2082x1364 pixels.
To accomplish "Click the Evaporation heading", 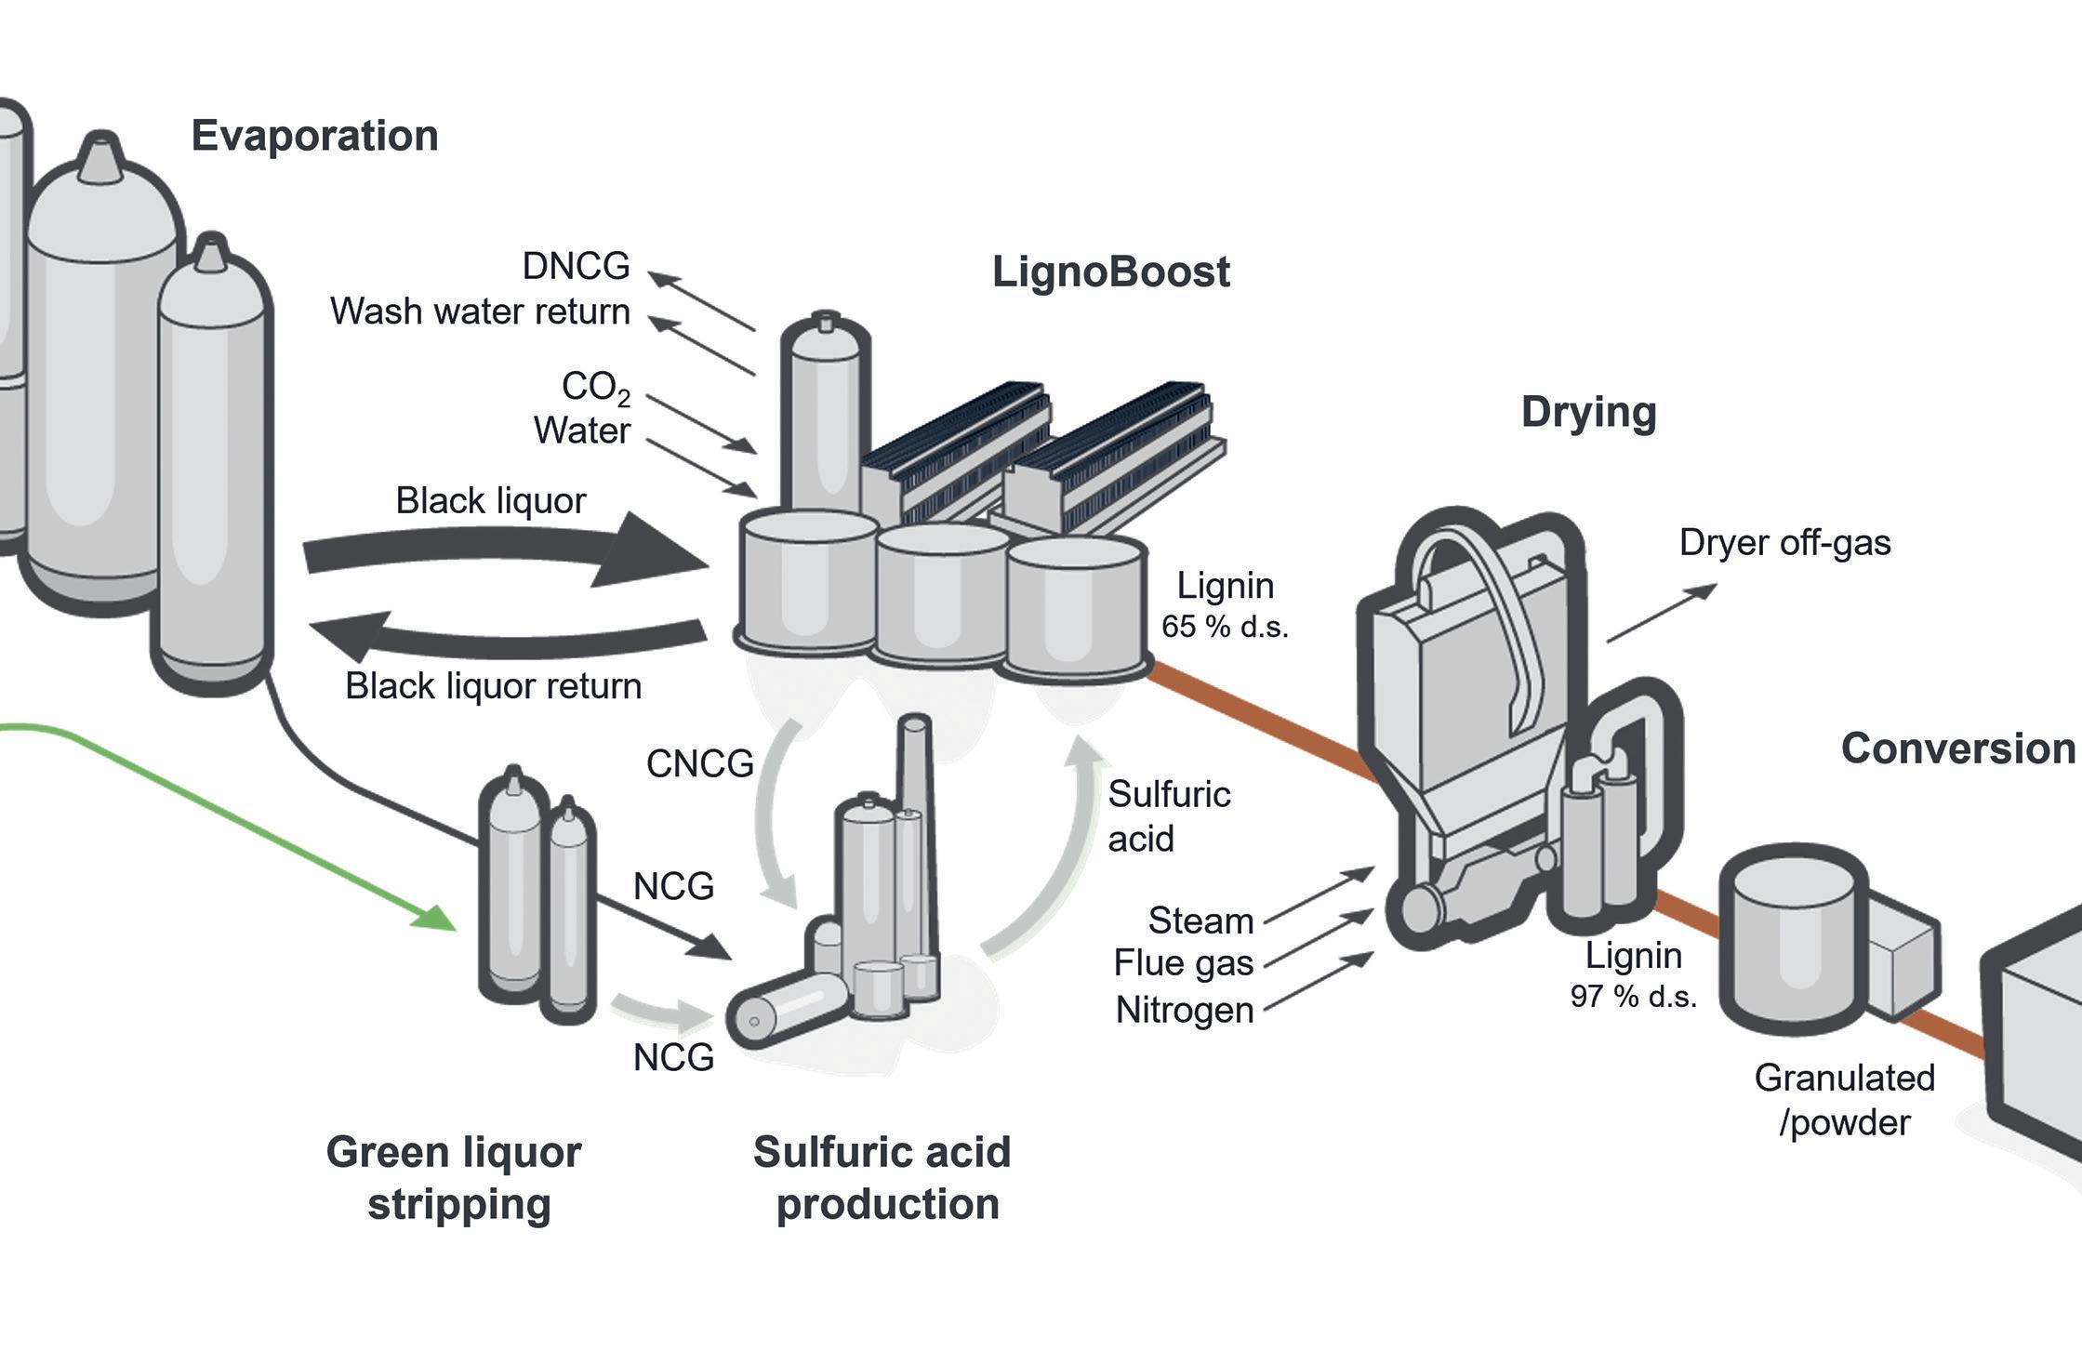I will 314,136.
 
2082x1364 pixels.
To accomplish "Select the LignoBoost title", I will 1110,271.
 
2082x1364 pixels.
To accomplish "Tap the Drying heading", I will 1588,412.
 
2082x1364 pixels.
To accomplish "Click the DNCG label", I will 576,266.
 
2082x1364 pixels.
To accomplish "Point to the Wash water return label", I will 480,311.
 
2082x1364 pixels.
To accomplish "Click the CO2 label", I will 595,387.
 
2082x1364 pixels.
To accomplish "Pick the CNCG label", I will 699,763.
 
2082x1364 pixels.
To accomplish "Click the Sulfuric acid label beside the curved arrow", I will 1168,816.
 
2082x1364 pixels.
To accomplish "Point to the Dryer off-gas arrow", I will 1661,613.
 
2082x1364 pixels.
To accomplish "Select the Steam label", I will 1200,920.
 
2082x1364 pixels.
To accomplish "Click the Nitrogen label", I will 1185,1010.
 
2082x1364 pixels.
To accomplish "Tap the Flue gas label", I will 1184,963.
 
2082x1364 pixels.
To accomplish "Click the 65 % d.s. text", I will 1225,627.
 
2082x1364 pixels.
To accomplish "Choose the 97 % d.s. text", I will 1633,997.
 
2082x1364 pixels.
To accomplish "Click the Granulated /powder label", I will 1844,1100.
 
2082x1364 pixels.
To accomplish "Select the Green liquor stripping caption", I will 455,1177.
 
